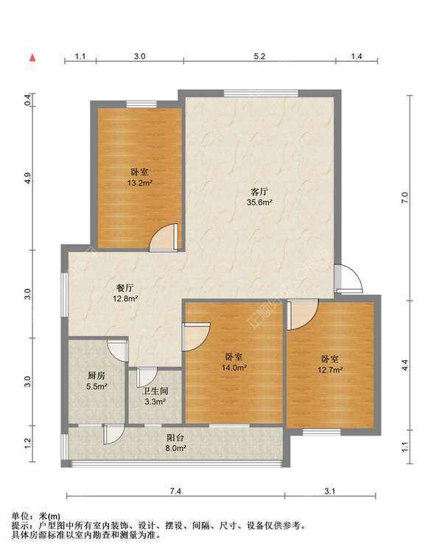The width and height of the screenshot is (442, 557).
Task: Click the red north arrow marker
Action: pyautogui.click(x=32, y=57)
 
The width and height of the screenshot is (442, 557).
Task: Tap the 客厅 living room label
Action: pyautogui.click(x=259, y=192)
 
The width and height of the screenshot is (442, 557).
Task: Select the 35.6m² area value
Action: pyautogui.click(x=259, y=203)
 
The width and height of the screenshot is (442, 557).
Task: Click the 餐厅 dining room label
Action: pyautogui.click(x=125, y=288)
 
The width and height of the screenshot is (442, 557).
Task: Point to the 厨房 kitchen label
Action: pyautogui.click(x=97, y=376)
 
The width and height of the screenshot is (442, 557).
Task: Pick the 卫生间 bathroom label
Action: pyautogui.click(x=155, y=391)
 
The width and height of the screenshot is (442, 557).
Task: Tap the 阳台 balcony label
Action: pyautogui.click(x=175, y=438)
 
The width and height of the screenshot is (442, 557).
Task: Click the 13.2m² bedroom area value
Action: pyautogui.click(x=140, y=183)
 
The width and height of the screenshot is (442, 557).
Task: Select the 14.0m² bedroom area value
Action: pyautogui.click(x=234, y=368)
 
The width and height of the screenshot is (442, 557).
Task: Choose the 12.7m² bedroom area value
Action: pyautogui.click(x=330, y=370)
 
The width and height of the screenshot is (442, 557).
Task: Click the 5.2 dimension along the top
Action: pyautogui.click(x=260, y=56)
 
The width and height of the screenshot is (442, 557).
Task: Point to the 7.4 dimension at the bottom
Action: pyautogui.click(x=175, y=491)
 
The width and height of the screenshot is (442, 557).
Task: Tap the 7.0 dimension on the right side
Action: pyautogui.click(x=405, y=197)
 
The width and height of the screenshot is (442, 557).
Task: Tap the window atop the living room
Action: pyautogui.click(x=262, y=93)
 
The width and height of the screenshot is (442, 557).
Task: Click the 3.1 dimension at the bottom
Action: pyautogui.click(x=330, y=491)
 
